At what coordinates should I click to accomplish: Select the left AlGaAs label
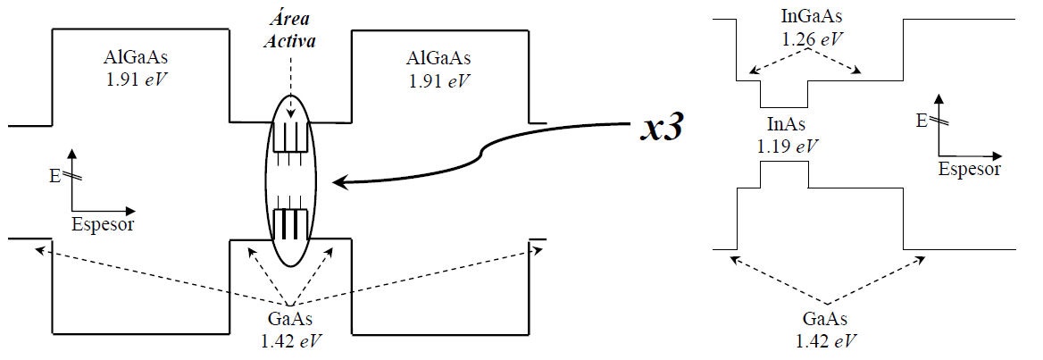pyautogui.click(x=135, y=58)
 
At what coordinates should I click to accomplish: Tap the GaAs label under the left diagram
pyautogui.click(x=290, y=322)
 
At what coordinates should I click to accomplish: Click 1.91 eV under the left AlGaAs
pyautogui.click(x=135, y=80)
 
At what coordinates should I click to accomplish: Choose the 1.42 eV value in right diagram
pyautogui.click(x=825, y=341)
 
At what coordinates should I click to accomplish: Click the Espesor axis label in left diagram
pyautogui.click(x=103, y=223)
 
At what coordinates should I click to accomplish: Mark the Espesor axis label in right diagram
pyautogui.click(x=969, y=169)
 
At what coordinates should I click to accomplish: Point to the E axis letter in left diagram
pyautogui.click(x=55, y=174)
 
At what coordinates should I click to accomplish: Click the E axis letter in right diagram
pyautogui.click(x=921, y=119)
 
